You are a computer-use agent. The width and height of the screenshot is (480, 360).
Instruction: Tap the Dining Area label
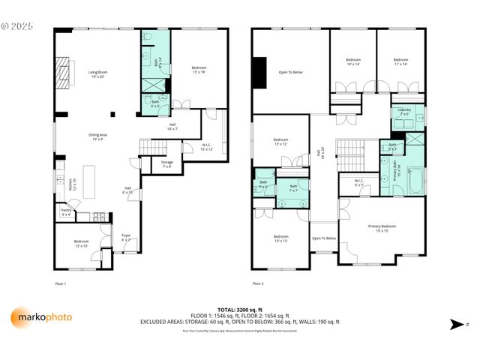(97, 137)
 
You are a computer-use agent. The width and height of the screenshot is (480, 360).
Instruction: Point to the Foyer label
(126, 238)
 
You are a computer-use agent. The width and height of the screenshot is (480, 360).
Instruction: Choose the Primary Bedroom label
(382, 228)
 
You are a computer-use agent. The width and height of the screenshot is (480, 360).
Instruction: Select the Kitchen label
(72, 183)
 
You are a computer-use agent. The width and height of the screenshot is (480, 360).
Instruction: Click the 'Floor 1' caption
(61, 283)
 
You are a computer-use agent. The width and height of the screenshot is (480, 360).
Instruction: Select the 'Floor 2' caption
(259, 283)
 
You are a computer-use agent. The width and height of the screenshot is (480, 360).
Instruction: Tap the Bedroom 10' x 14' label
(352, 61)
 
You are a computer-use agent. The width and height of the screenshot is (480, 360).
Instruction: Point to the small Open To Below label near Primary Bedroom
(324, 238)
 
